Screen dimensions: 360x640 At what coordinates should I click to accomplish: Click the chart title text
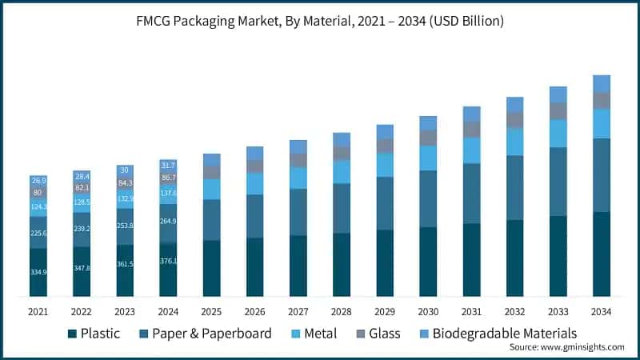[x=320, y=22]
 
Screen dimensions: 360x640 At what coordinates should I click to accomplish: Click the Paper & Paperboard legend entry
[x=205, y=333]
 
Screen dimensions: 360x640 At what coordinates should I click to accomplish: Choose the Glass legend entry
[x=380, y=333]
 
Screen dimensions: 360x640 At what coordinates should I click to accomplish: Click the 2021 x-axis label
[x=38, y=310]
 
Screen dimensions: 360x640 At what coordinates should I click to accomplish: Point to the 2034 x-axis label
[x=601, y=310]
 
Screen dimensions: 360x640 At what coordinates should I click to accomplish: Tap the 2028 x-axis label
[x=342, y=310]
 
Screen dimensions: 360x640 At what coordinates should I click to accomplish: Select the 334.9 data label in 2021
[x=38, y=273]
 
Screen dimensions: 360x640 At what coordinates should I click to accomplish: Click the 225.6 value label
[x=38, y=233]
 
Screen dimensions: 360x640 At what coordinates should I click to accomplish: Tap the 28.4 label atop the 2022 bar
[x=82, y=176]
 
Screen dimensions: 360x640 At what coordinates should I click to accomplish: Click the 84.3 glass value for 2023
[x=125, y=183]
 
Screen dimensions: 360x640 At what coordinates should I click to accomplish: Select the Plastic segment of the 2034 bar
[x=601, y=254]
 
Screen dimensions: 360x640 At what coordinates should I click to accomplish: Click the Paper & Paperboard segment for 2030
[x=428, y=198]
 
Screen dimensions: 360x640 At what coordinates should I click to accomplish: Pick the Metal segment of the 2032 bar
[x=514, y=142]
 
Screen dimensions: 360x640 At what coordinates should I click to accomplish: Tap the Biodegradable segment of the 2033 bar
[x=558, y=94]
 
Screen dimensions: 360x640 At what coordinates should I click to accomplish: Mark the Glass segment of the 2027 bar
[x=298, y=160]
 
